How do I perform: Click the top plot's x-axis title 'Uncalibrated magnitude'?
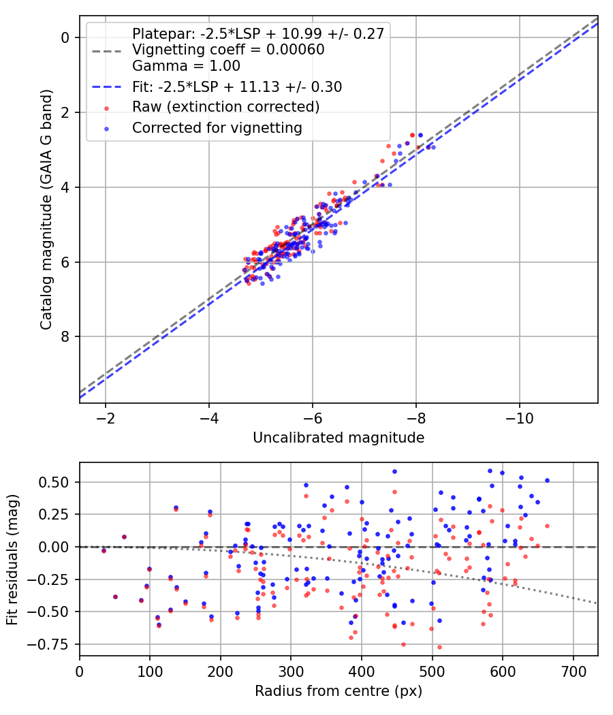point(339,437)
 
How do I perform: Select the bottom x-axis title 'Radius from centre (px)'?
point(339,691)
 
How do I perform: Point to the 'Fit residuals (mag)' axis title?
point(12,558)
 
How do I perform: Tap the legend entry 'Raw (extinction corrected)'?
point(225,107)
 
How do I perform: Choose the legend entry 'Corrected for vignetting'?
point(217,127)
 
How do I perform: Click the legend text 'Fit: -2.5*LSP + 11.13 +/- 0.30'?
point(237,86)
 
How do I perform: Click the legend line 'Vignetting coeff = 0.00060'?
point(228,50)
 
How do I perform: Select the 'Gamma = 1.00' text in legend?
point(186,66)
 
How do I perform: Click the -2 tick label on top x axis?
point(106,417)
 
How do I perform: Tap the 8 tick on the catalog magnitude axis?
point(65,336)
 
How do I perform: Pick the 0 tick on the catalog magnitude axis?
point(65,37)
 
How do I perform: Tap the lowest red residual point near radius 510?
point(439,647)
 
